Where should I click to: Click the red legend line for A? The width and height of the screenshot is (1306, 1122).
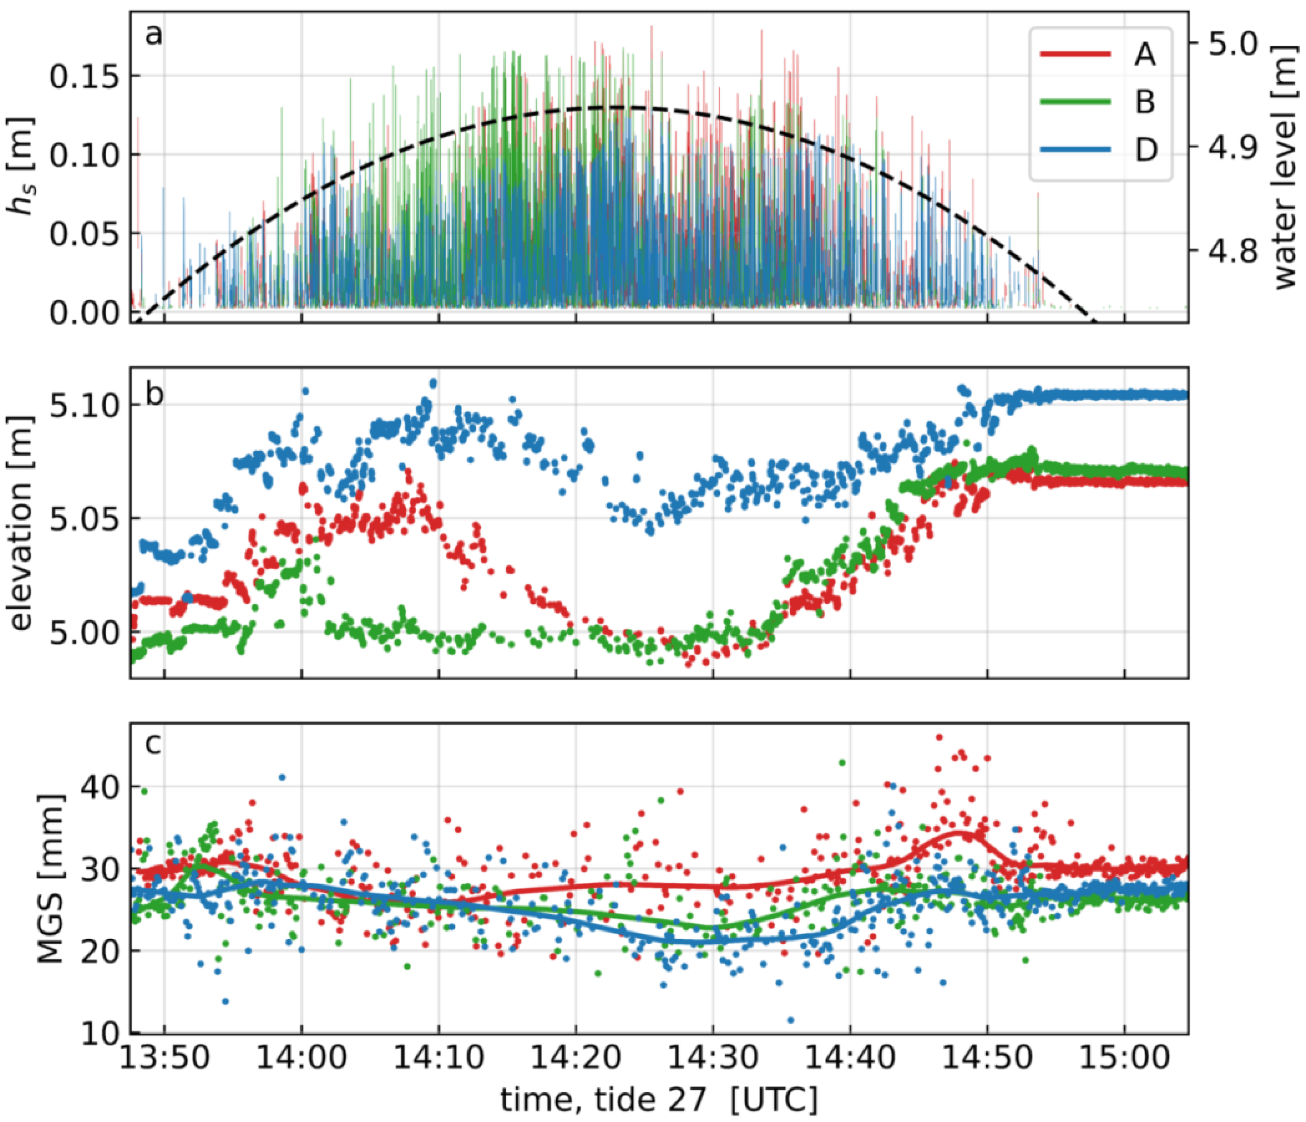(1075, 54)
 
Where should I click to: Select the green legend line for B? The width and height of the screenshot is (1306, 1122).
(1075, 101)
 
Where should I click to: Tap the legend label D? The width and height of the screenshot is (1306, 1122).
(1145, 150)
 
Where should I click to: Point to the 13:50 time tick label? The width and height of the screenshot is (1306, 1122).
(165, 1057)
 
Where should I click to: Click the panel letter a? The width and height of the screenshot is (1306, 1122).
(153, 35)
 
